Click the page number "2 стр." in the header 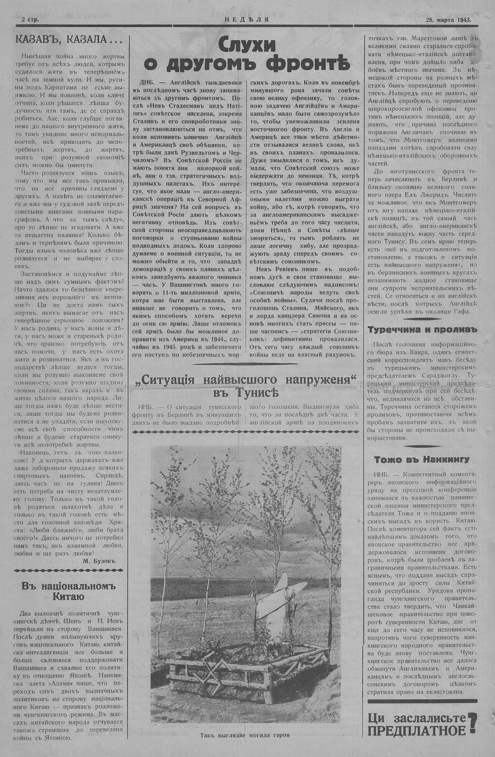[x=30, y=20]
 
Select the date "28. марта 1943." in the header [x=447, y=20]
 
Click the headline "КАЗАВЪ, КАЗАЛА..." [x=67, y=40]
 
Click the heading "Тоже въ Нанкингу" [x=422, y=459]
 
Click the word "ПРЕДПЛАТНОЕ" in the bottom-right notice [x=417, y=730]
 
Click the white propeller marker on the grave [x=277, y=599]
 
